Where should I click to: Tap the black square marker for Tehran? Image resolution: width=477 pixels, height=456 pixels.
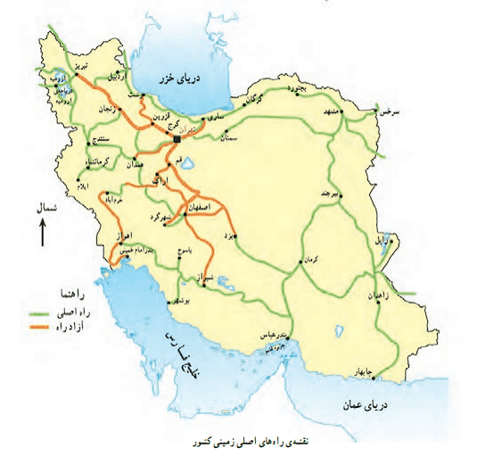pos(177,140)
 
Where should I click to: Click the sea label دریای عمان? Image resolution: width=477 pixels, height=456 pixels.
pos(365,406)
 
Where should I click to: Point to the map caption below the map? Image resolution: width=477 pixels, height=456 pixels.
pos(241,442)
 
